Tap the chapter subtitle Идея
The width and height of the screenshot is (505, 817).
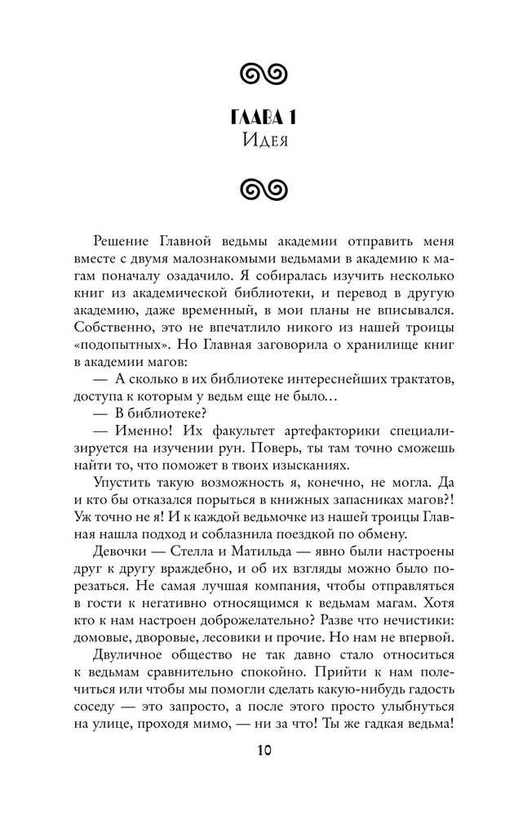251,140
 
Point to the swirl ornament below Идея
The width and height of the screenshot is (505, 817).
251,189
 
